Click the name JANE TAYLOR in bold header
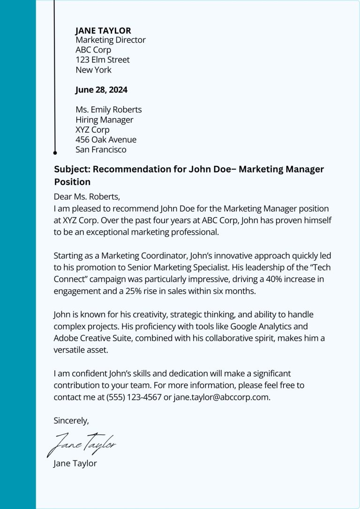click(103, 31)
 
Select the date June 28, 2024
click(101, 90)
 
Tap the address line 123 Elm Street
click(103, 60)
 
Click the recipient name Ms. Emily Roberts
click(108, 110)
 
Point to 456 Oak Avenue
click(106, 140)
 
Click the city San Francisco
click(101, 150)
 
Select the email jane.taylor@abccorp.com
click(222, 397)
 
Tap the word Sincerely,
click(71, 420)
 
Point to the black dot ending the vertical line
click(55, 153)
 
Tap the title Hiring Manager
click(104, 120)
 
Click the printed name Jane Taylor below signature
click(75, 464)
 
